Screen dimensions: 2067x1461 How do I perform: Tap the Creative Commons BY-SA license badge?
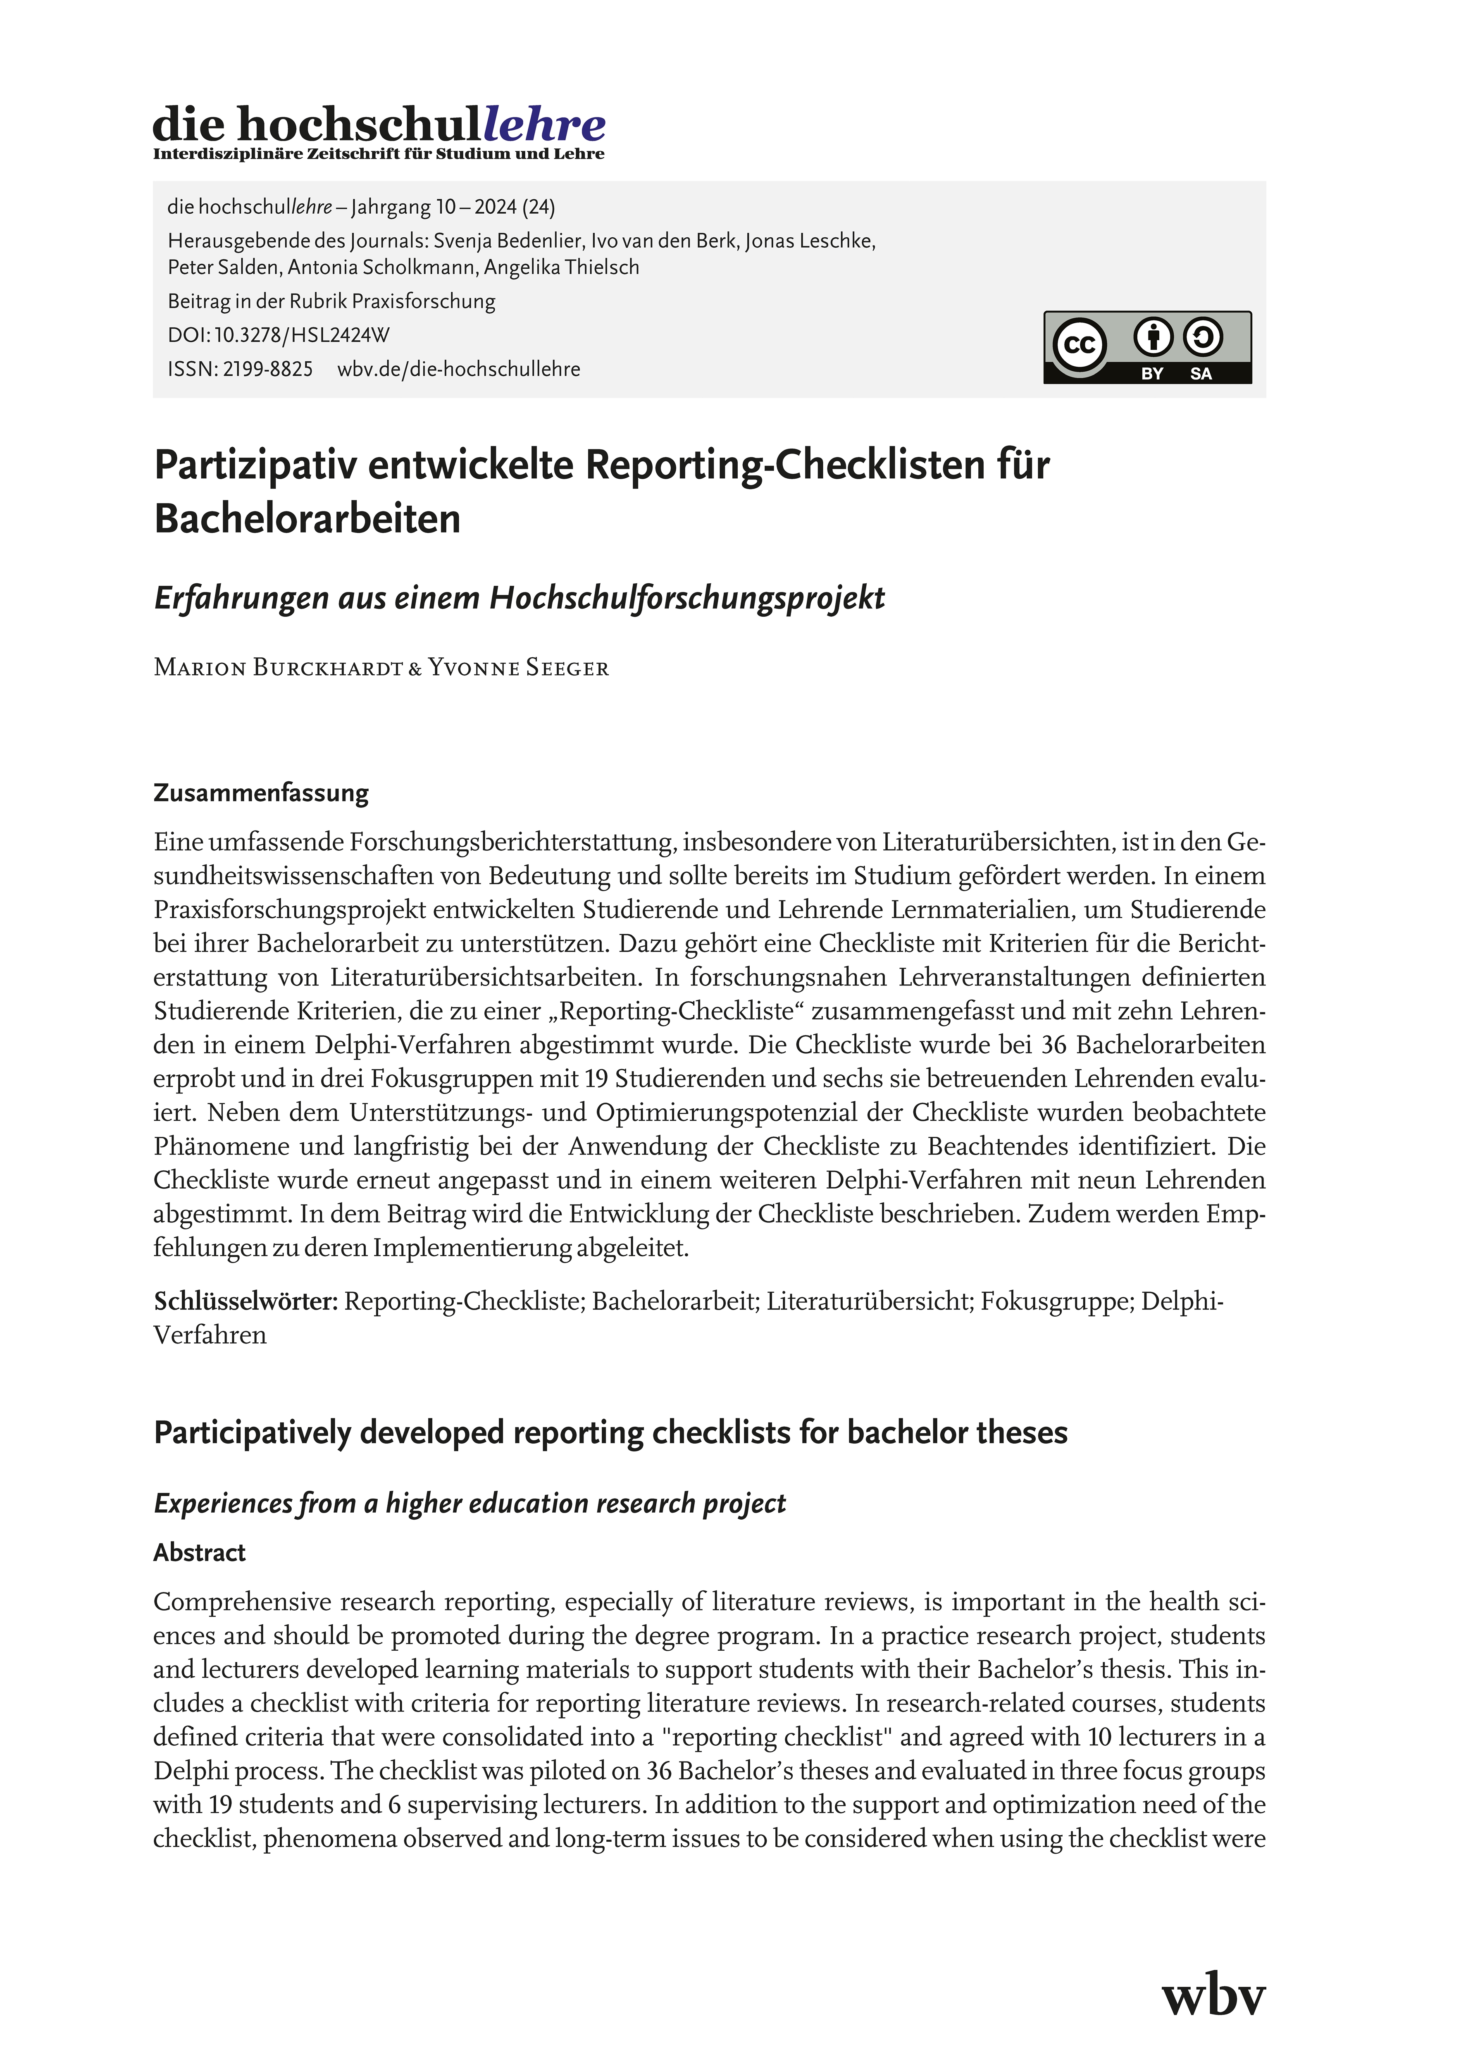pos(1147,348)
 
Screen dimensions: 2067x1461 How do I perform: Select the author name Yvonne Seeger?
pos(519,668)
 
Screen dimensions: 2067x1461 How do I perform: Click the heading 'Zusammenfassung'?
pos(261,793)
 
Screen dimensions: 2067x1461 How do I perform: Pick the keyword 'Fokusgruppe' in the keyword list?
pos(1056,1302)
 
